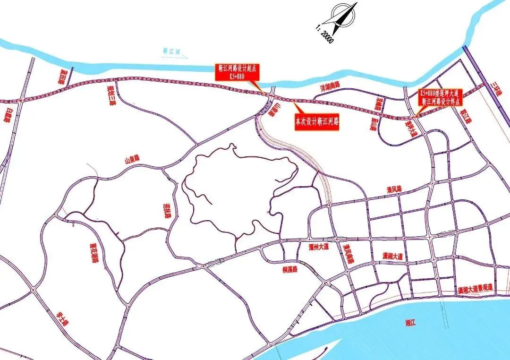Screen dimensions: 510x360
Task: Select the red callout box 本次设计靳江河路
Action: point(318,122)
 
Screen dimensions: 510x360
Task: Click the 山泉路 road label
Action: point(132,159)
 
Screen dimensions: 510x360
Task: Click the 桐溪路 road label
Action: point(289,270)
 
